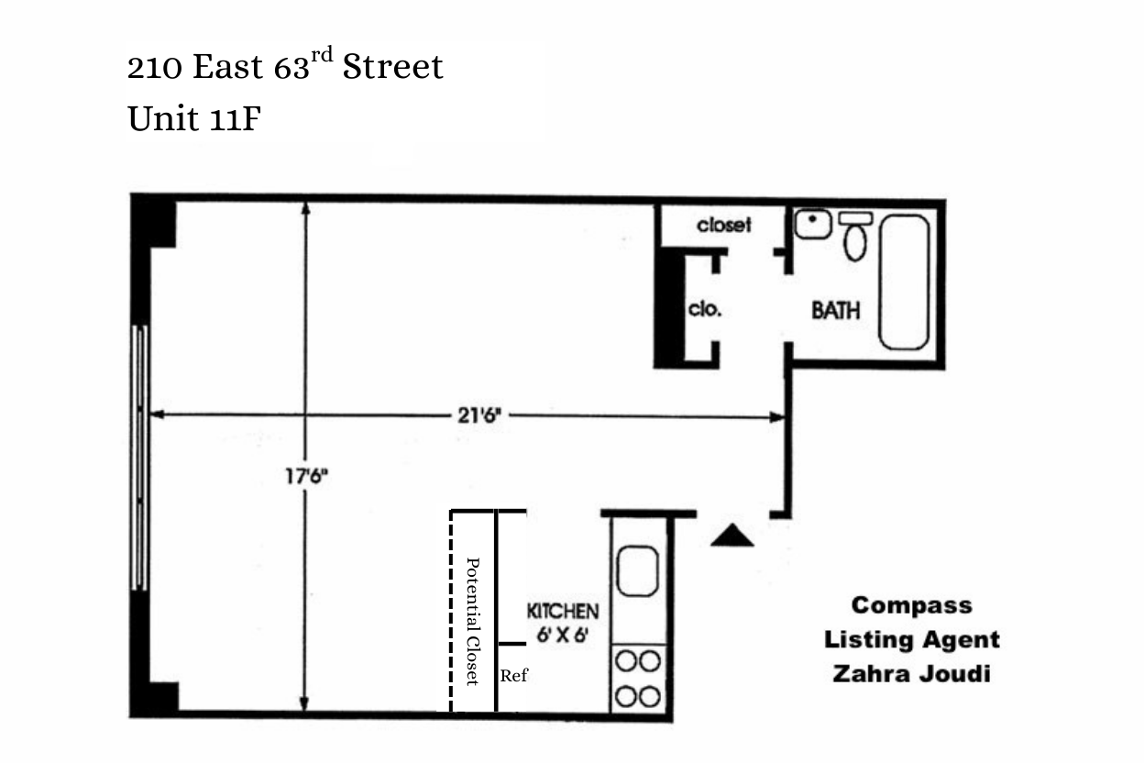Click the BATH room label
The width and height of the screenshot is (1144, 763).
[x=835, y=310]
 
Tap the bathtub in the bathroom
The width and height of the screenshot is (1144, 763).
[x=904, y=282]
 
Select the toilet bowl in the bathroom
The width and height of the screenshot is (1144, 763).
[x=855, y=241]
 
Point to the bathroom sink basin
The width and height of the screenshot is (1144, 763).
[x=812, y=223]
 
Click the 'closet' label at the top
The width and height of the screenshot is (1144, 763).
[x=724, y=225]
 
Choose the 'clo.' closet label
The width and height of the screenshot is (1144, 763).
[x=704, y=309]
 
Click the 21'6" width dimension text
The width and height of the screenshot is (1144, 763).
[x=478, y=415]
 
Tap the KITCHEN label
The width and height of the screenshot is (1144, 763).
[x=562, y=611]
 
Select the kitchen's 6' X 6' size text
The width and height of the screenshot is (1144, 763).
[x=562, y=634]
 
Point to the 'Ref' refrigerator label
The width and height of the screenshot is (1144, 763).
[x=514, y=677]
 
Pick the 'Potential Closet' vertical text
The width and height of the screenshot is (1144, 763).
[x=473, y=621]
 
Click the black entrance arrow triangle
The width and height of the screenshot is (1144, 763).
[x=732, y=536]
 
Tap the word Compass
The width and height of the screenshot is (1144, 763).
[x=911, y=605]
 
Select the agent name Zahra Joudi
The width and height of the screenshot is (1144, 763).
[x=911, y=674]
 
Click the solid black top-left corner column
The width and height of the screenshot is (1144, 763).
[x=152, y=221]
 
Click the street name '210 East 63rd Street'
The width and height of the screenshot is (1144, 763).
[x=285, y=67]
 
